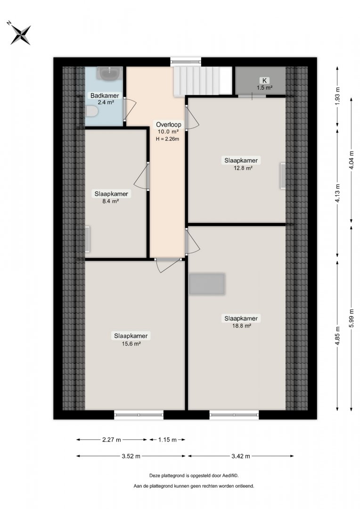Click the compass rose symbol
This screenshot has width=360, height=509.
[x=20, y=34]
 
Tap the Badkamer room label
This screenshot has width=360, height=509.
[x=105, y=96]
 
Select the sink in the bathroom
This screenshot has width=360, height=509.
[x=109, y=74]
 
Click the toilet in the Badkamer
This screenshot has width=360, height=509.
[x=91, y=112]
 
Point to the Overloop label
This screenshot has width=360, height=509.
[x=169, y=124]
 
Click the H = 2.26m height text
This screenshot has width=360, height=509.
[x=167, y=139]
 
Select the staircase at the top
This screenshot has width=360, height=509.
[x=203, y=81]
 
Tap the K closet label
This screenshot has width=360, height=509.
[x=264, y=81]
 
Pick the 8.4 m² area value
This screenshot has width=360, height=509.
[x=110, y=201]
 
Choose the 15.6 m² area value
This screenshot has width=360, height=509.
[x=131, y=344]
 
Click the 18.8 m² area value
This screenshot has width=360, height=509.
[x=241, y=326]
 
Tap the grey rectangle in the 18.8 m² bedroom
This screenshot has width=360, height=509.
[x=207, y=284]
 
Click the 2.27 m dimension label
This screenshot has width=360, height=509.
[x=111, y=440]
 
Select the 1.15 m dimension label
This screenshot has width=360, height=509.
[x=167, y=440]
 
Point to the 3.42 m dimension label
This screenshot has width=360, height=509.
[x=240, y=456]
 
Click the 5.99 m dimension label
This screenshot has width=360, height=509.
[x=351, y=318]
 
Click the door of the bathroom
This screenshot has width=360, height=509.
[x=129, y=109]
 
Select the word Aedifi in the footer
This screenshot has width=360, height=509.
[x=229, y=476]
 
